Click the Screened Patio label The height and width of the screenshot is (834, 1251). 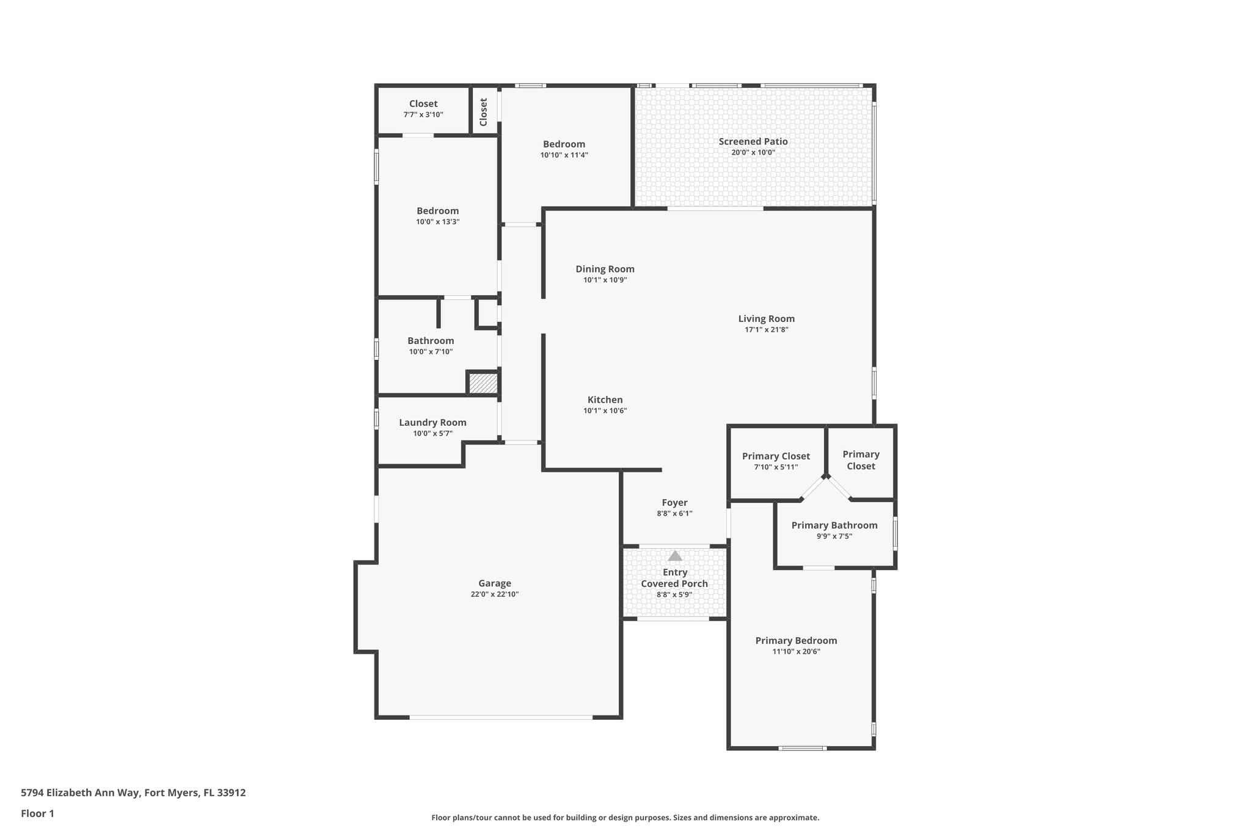point(753,141)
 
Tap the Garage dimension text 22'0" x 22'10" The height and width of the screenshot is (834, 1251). point(494,594)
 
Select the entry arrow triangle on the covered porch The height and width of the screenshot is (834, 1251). point(674,556)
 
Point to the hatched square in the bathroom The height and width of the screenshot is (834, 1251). point(483,384)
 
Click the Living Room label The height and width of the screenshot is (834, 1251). point(766,318)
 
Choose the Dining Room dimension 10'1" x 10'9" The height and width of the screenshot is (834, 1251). point(605,280)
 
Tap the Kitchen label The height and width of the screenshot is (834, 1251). point(605,400)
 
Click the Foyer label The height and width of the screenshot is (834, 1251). point(674,502)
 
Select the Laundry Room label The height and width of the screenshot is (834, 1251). point(432,422)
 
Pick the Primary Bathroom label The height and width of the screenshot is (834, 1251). point(834,525)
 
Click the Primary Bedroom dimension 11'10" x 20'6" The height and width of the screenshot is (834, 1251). point(796,651)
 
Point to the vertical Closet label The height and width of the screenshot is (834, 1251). point(484,112)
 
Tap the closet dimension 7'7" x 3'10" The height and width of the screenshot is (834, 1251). point(423,114)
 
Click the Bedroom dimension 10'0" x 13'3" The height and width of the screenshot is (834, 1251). point(437,222)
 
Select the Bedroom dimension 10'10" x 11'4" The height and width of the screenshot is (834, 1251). point(564,155)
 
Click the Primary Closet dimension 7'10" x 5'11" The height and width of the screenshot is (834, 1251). point(776,467)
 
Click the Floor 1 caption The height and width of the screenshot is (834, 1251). point(37,813)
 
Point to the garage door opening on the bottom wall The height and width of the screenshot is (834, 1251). point(501,717)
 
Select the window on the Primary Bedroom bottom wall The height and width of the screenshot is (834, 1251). point(803,748)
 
